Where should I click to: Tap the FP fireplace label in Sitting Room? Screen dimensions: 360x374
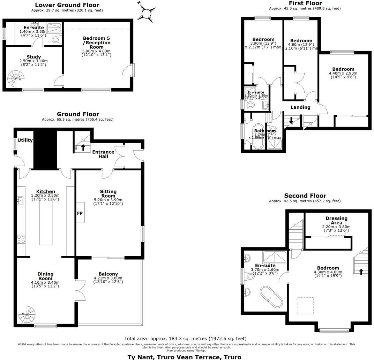(80, 212)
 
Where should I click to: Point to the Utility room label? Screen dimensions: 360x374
(25, 140)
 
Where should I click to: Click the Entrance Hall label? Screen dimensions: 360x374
(103, 154)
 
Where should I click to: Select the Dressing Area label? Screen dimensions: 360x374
(336, 221)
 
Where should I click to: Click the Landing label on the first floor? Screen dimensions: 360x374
(300, 107)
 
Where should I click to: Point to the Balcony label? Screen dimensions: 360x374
(108, 274)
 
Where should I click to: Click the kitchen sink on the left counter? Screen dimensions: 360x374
(20, 200)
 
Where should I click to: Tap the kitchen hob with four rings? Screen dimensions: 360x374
(21, 239)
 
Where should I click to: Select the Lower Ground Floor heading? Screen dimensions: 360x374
(67, 5)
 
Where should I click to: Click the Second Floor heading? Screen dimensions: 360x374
(305, 196)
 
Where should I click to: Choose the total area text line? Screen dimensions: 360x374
(185, 338)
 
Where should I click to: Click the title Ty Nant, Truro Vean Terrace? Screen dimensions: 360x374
(184, 357)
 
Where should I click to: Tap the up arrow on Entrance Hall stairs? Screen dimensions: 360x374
(83, 147)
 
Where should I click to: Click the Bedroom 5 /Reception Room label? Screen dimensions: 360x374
(97, 43)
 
